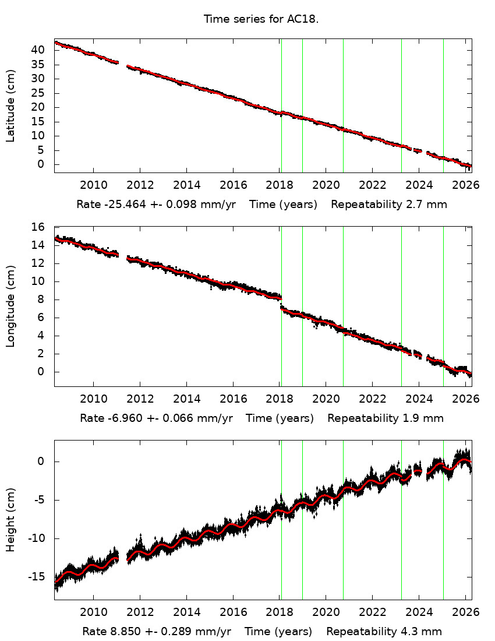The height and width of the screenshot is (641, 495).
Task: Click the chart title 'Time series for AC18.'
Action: (261, 19)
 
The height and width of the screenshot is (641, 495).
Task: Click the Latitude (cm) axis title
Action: (10, 105)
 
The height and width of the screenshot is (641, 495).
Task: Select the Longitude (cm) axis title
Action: (10, 307)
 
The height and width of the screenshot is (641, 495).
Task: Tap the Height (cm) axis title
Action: (10, 520)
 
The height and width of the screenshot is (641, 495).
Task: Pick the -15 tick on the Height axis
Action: (36, 576)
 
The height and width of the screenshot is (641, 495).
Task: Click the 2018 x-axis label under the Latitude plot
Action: (279, 186)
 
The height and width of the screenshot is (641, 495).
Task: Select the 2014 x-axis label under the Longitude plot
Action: (186, 399)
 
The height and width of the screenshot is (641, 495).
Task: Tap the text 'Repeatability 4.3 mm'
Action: (384, 632)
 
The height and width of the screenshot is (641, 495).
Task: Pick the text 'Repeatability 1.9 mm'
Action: (385, 418)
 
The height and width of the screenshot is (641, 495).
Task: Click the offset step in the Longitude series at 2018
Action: (281, 303)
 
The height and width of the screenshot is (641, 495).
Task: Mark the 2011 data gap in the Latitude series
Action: (122, 65)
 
